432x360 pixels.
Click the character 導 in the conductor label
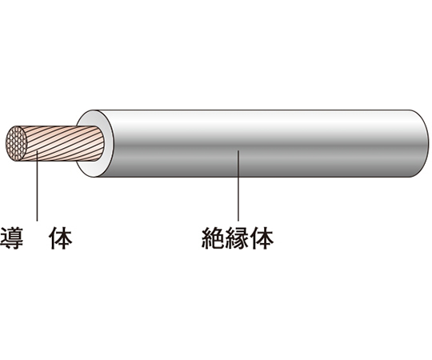click(11, 238)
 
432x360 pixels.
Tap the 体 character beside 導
click(61, 238)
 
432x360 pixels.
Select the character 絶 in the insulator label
click(214, 238)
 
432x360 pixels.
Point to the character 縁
click(238, 238)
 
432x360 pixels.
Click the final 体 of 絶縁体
click(262, 238)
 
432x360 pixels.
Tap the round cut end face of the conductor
click(17, 143)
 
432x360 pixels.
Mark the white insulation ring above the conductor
click(95, 118)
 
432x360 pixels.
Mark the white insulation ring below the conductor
click(95, 169)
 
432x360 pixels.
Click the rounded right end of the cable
click(422, 143)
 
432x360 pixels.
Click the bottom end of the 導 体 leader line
click(37, 220)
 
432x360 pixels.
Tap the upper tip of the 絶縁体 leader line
click(238, 151)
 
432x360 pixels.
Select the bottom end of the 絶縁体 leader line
click(238, 220)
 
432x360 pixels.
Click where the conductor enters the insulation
click(102, 143)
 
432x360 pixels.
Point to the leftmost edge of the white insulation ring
click(77, 143)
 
